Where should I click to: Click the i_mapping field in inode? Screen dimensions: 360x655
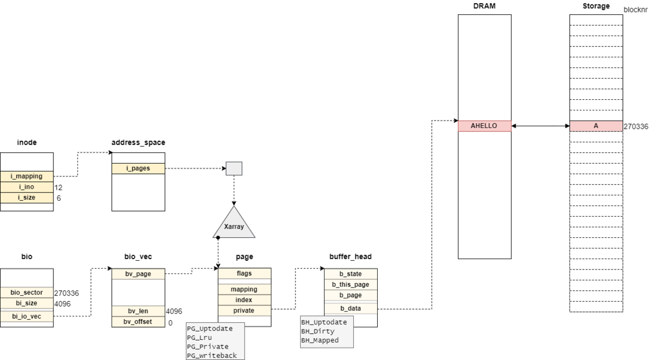27,176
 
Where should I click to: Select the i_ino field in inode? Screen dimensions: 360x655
27,187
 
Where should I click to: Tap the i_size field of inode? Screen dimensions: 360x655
27,197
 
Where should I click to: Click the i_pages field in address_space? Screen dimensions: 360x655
138,169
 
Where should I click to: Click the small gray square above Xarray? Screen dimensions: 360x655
234,169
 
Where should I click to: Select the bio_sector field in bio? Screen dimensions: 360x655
27,293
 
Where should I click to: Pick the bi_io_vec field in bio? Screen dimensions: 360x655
27,316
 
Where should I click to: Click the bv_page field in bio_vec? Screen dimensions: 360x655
138,274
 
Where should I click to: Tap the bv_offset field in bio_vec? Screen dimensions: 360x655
138,322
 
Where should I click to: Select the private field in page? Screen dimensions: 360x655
244,310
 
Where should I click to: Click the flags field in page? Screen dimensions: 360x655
244,273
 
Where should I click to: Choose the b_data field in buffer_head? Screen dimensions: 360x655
350,308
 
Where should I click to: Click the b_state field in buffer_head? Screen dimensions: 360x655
350,274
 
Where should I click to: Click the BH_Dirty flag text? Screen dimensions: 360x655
318,331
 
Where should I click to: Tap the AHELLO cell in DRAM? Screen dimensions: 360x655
484,126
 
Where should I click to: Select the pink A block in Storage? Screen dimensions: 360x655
596,126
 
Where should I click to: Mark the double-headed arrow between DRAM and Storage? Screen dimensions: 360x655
540,126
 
